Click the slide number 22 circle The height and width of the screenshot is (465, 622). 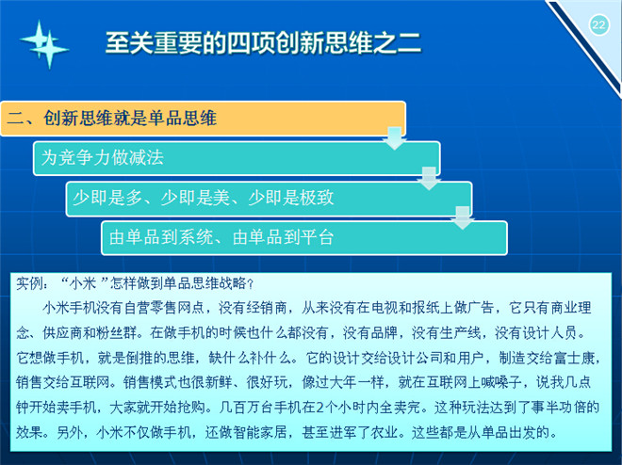pos(598,25)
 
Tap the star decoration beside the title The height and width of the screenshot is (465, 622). pos(44,44)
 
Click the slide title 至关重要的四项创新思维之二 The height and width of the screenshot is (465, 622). pos(263,42)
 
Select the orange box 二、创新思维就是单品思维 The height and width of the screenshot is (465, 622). pos(204,119)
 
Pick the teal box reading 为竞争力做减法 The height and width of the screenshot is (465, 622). pos(237,158)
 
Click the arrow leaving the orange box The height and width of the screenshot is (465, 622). pos(394,138)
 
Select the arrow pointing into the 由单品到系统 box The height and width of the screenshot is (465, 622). pos(463,217)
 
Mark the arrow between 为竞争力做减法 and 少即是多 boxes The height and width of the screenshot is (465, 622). pos(429,179)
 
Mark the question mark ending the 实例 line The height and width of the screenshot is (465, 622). pos(250,283)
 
